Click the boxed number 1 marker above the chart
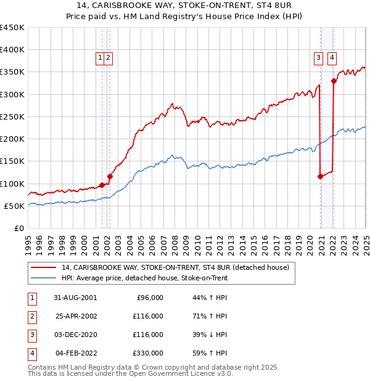pyautogui.click(x=99, y=58)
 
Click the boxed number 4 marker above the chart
pyautogui.click(x=332, y=59)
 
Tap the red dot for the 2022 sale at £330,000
pyautogui.click(x=334, y=81)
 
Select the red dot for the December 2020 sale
pyautogui.click(x=320, y=177)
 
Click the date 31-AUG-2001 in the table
pyautogui.click(x=76, y=298)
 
